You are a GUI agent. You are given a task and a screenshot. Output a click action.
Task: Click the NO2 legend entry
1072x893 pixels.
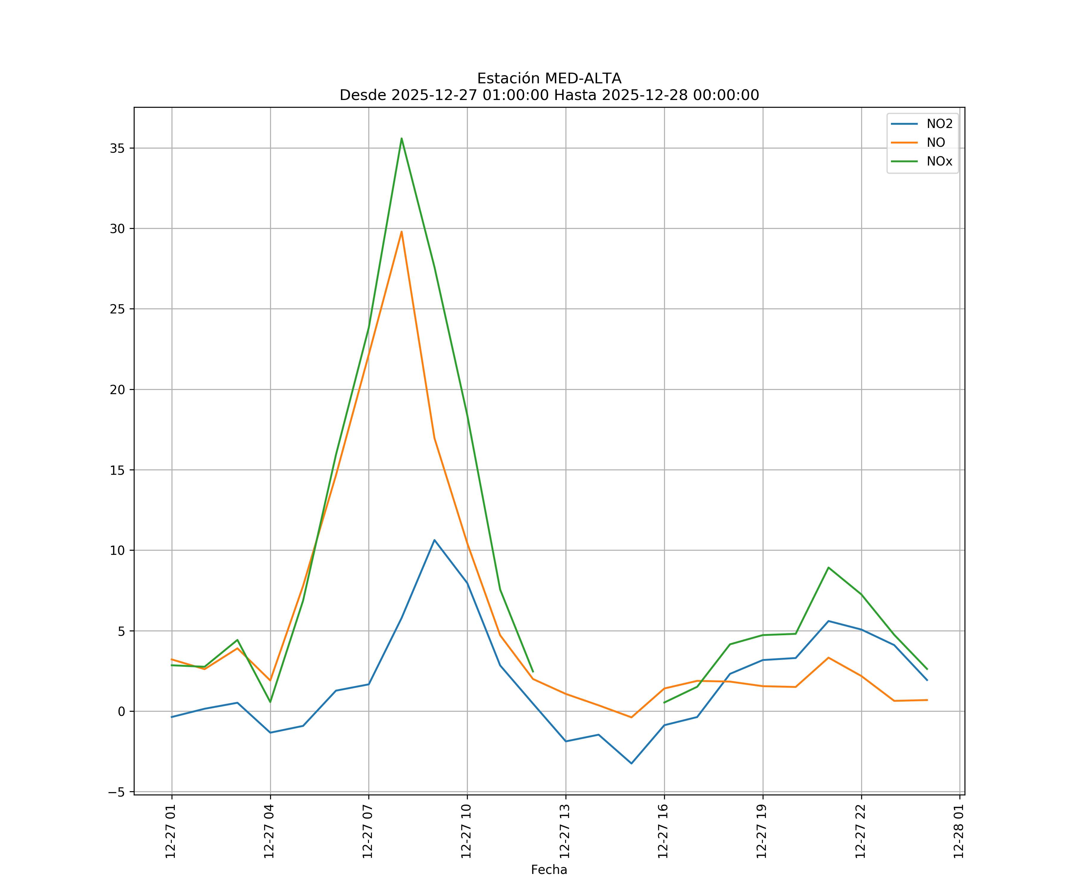939,124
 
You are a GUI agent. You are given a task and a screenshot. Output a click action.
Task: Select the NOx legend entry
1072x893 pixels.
939,162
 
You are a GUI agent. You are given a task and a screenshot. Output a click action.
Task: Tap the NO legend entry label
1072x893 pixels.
936,143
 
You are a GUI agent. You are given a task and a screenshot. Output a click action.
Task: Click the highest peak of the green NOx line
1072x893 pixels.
402,138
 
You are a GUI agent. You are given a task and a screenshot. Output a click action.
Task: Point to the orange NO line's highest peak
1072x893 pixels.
402,232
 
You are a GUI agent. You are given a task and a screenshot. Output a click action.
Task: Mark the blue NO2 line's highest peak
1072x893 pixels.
434,540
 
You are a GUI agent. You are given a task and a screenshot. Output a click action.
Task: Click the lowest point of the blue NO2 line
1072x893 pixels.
632,764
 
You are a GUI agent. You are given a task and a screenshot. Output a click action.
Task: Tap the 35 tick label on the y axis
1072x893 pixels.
117,149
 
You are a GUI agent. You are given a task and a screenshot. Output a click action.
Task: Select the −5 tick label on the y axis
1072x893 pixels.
117,792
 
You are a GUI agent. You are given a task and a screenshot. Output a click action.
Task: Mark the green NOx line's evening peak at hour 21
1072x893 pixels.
828,567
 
